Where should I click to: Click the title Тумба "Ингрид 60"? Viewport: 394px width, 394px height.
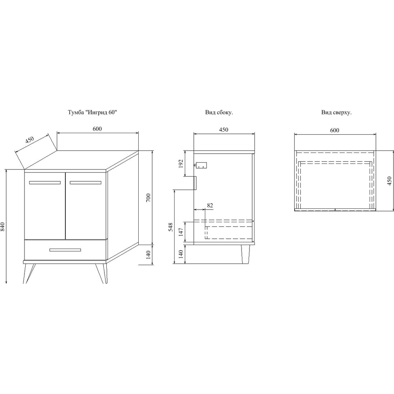93,112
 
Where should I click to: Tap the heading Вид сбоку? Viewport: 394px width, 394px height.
219,112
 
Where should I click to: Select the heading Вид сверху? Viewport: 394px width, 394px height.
336,112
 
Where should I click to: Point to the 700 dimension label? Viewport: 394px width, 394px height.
148,198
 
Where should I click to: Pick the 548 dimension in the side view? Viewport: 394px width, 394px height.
171,227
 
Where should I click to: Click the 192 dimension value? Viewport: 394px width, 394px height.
181,164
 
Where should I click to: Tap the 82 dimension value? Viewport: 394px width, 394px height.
210,205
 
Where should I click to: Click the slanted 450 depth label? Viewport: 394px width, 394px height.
30,140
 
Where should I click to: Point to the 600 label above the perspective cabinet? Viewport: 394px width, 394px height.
97,129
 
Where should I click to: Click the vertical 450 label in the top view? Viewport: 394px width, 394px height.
389,181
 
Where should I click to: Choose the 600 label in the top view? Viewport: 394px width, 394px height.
335,130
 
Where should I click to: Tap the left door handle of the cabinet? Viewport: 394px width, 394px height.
45,183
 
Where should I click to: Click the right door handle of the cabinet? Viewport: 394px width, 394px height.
85,183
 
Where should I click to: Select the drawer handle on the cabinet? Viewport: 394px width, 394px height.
65,250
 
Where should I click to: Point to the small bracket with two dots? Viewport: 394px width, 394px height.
201,165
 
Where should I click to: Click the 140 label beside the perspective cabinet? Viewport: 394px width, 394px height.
148,255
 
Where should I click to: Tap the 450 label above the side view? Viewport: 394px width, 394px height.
224,129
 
